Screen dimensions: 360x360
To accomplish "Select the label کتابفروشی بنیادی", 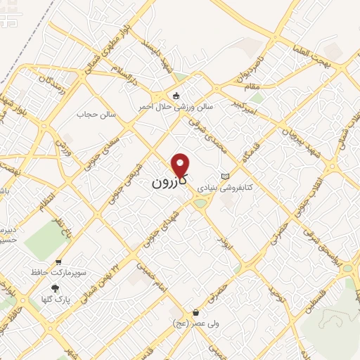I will point(224,188).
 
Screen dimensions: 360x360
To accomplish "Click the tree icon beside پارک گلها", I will point(56,288).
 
